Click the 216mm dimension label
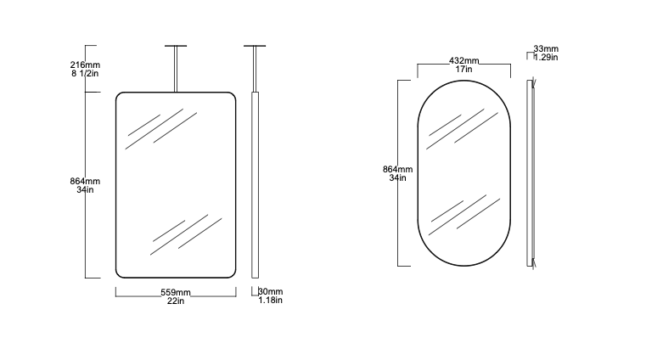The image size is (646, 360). [85, 65]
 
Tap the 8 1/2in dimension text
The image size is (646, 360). [85, 73]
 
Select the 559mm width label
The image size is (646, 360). [176, 292]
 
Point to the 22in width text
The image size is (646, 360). [176, 301]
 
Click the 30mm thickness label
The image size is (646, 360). [271, 291]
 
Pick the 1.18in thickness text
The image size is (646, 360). [270, 300]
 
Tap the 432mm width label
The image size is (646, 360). [463, 60]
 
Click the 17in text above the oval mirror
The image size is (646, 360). [463, 70]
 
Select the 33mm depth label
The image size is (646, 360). [546, 49]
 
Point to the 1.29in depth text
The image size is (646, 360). [546, 57]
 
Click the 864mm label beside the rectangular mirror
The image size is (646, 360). [85, 181]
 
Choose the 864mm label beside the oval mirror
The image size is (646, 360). [397, 169]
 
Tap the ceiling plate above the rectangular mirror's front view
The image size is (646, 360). [176, 46]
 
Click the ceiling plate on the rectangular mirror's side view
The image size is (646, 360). [255, 46]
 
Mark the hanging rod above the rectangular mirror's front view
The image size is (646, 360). [176, 70]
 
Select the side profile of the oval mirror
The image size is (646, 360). [530, 173]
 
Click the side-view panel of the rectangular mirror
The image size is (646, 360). [255, 185]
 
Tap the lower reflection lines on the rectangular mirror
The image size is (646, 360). [186, 234]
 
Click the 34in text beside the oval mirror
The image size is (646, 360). [397, 178]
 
